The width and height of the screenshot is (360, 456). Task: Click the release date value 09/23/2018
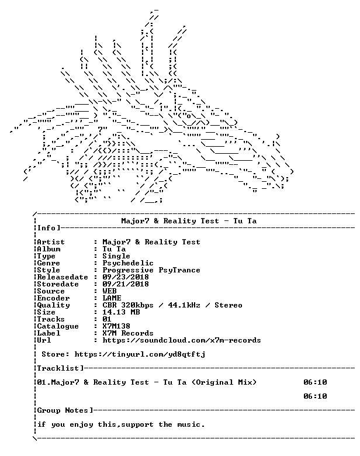(x=126, y=277)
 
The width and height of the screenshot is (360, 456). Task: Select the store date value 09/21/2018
(x=126, y=284)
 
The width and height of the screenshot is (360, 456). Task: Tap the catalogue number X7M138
(x=116, y=326)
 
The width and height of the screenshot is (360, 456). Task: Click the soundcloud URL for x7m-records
(x=182, y=340)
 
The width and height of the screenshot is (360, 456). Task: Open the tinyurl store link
(x=140, y=354)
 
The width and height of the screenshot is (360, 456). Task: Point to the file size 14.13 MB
(x=121, y=312)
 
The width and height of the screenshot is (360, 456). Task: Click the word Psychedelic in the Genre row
(x=128, y=263)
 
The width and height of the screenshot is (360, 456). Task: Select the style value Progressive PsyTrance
(x=151, y=270)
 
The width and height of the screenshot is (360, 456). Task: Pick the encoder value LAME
(x=112, y=298)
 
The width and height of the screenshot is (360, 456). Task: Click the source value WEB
(x=109, y=291)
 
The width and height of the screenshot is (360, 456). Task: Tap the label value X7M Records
(x=128, y=333)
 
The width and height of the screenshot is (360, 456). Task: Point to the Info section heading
(x=47, y=228)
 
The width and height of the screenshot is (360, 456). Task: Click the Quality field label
(x=54, y=305)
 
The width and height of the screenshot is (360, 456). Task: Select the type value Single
(x=116, y=256)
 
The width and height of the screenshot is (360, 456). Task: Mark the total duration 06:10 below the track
(x=315, y=396)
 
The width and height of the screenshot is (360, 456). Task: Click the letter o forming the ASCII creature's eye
(x=188, y=116)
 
